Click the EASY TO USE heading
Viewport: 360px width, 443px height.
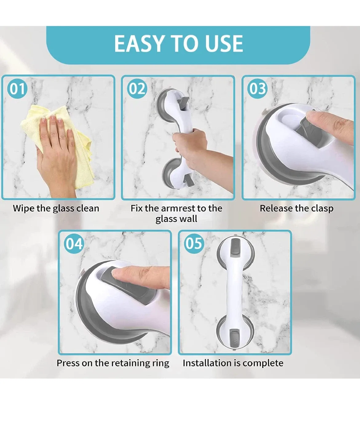point(178,43)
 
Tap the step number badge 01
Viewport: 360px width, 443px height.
point(17,89)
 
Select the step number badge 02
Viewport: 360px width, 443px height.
point(137,89)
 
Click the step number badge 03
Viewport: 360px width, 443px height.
point(257,89)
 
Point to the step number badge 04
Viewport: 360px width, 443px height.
point(74,244)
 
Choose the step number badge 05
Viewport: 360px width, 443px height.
point(194,243)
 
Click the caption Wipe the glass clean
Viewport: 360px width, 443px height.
point(56,208)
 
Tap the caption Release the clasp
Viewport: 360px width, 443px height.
point(296,208)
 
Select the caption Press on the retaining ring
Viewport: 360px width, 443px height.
point(113,363)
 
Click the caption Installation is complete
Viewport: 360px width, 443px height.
point(233,363)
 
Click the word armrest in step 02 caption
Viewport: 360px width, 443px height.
point(178,208)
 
